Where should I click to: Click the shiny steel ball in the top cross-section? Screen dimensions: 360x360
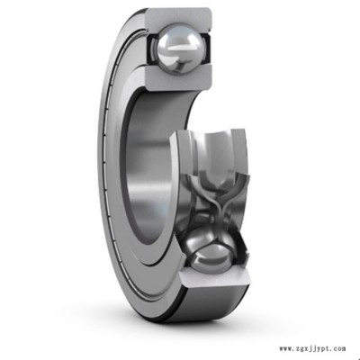(x=178, y=49)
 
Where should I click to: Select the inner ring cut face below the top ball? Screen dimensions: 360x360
(x=177, y=77)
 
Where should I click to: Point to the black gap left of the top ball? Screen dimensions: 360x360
(x=151, y=49)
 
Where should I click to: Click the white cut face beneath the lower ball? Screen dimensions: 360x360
(x=215, y=277)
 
